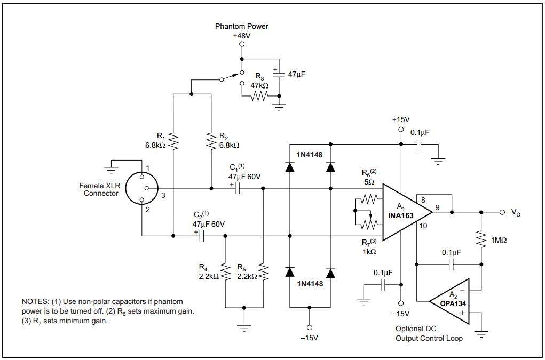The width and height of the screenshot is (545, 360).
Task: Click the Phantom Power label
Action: (x=242, y=26)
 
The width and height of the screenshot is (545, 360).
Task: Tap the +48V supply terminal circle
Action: (x=242, y=44)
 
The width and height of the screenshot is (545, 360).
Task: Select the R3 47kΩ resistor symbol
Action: (x=259, y=96)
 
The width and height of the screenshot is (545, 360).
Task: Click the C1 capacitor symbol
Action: (x=238, y=188)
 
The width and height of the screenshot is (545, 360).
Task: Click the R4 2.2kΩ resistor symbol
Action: (x=225, y=273)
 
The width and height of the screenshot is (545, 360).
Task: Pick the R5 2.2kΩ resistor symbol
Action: (x=263, y=273)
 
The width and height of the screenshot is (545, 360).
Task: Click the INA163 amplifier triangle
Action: (x=407, y=212)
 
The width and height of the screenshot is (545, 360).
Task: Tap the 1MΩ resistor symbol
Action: (x=481, y=239)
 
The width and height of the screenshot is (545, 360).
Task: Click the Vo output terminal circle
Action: (x=502, y=212)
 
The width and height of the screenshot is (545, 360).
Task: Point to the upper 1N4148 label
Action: (x=310, y=155)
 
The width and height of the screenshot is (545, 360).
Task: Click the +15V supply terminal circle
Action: (x=401, y=130)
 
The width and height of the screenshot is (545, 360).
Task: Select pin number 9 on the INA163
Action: (x=437, y=207)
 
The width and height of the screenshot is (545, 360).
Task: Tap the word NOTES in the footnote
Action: (x=35, y=301)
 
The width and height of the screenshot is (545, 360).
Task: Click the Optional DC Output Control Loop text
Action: (x=429, y=334)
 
